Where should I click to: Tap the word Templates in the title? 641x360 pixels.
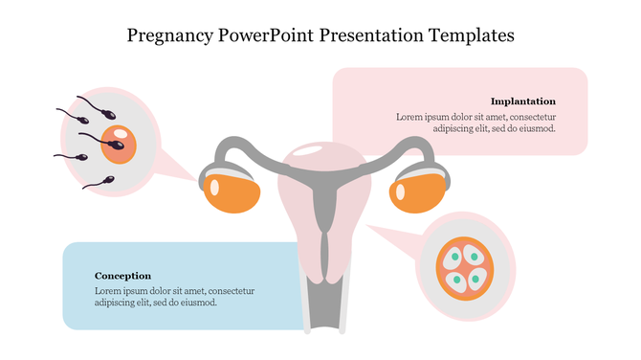[x=469, y=35]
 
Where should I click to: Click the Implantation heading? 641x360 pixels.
[x=522, y=101]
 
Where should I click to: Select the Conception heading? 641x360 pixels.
[x=122, y=276]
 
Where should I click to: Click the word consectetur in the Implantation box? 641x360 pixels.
[x=527, y=116]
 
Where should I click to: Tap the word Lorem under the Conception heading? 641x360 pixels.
[x=108, y=290]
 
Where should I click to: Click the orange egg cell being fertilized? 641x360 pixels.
[x=119, y=145]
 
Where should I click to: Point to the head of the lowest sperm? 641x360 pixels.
[x=107, y=180]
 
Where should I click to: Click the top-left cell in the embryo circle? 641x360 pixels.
[x=453, y=257]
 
